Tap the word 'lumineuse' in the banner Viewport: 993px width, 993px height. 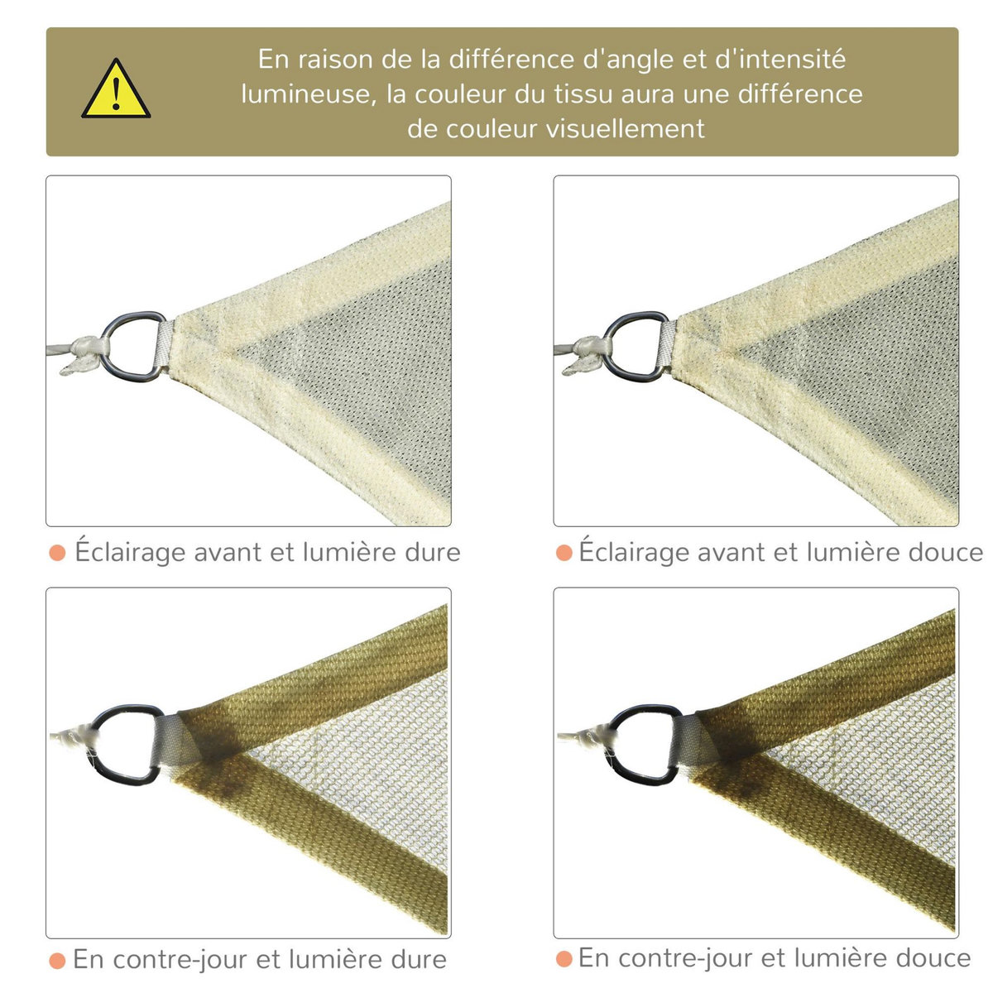[x=305, y=94]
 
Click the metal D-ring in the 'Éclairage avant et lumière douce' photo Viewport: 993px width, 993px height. [x=637, y=346]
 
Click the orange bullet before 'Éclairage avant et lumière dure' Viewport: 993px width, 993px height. [x=57, y=553]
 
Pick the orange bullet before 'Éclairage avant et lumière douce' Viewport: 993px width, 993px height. [x=564, y=553]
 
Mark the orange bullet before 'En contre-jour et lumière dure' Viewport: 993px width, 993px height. [x=57, y=960]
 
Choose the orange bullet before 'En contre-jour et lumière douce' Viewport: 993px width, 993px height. [x=564, y=959]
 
